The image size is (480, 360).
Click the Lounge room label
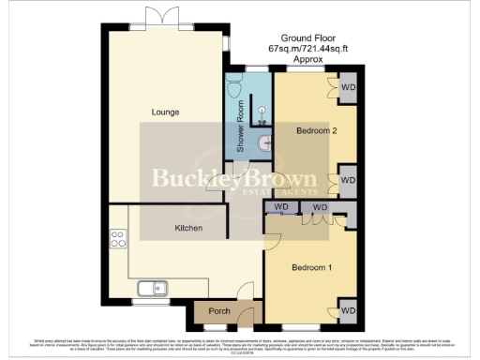[x=165, y=112]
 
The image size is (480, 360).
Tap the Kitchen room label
[x=191, y=228]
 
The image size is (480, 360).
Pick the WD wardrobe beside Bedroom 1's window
[x=347, y=309]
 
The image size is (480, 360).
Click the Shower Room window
[x=255, y=69]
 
